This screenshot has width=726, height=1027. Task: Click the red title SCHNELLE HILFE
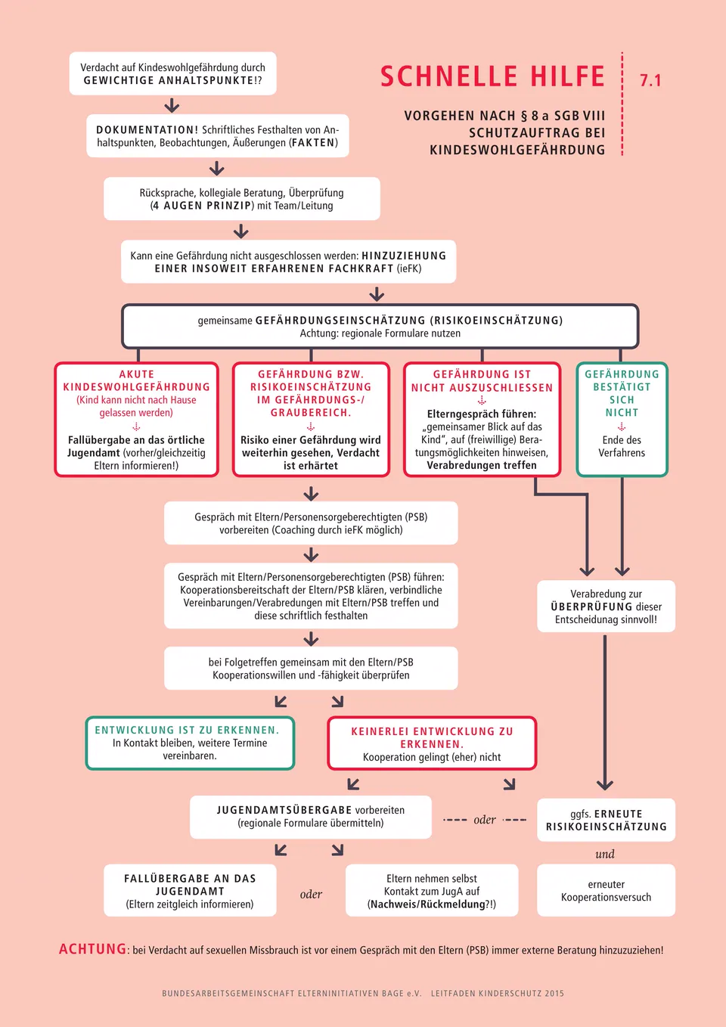click(x=493, y=76)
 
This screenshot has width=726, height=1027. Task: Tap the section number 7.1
click(x=650, y=81)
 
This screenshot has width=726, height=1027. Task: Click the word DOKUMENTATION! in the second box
click(x=147, y=130)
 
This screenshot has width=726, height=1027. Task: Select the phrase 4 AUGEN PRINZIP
click(x=202, y=206)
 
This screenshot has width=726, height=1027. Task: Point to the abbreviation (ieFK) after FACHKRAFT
click(x=409, y=268)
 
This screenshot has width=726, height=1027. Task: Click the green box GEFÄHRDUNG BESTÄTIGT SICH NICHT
click(x=622, y=420)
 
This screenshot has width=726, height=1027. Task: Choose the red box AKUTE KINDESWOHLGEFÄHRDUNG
click(x=136, y=420)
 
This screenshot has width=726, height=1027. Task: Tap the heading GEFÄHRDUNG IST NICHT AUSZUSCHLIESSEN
click(x=482, y=381)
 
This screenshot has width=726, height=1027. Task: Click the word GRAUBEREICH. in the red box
click(x=311, y=413)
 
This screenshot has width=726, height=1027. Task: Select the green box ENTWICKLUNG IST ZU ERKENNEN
click(x=190, y=743)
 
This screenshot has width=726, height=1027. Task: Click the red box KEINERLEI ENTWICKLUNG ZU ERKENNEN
click(x=432, y=743)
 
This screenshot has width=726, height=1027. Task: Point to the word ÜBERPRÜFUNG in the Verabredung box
click(x=591, y=607)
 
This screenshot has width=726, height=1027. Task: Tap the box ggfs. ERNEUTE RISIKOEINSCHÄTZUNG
click(x=606, y=820)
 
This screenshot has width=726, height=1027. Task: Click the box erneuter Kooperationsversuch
click(x=606, y=890)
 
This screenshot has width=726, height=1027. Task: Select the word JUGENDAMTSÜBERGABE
click(x=284, y=810)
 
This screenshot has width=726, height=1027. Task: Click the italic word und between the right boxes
click(x=605, y=854)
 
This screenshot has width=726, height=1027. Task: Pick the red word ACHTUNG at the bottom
click(x=92, y=949)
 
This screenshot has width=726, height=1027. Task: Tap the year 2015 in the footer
click(x=554, y=994)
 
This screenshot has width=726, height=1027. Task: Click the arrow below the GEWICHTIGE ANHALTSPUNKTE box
click(x=172, y=105)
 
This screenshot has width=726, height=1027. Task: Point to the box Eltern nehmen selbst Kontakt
click(x=432, y=890)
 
